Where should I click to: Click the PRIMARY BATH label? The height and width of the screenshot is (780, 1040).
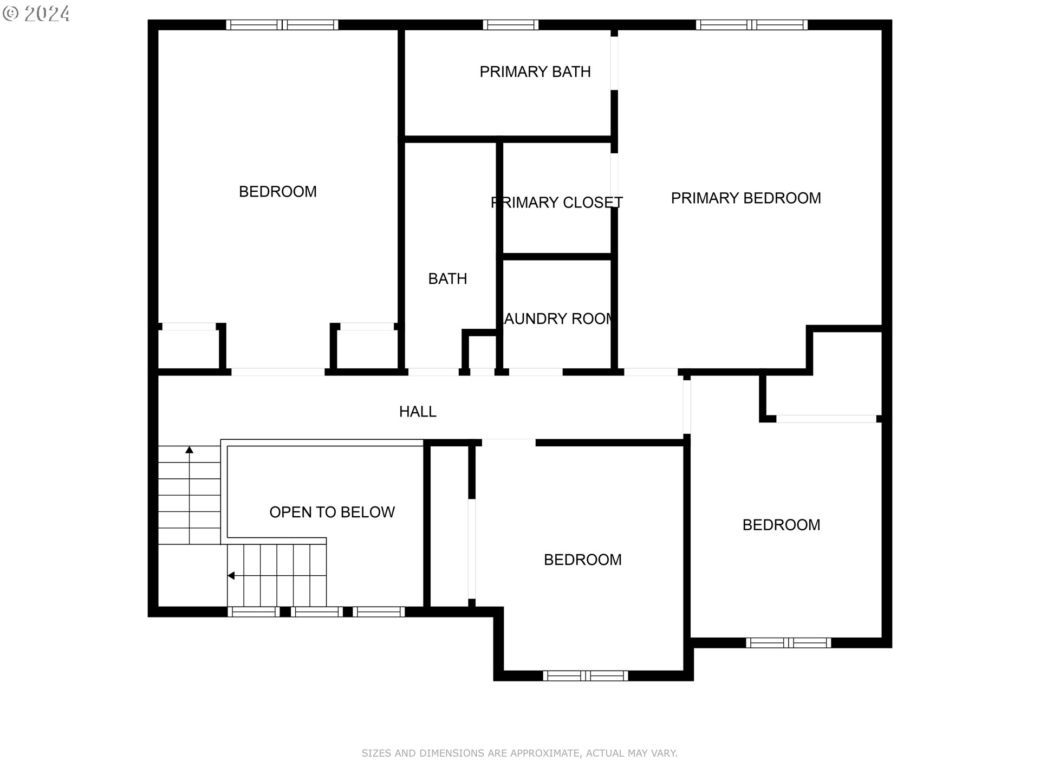coord(535,71)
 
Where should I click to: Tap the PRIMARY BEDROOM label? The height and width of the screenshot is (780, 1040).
coord(745,198)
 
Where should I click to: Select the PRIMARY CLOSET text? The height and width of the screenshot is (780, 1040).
coord(556,203)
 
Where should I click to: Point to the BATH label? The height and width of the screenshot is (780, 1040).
coord(447,278)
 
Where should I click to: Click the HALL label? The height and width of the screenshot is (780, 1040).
coord(418,412)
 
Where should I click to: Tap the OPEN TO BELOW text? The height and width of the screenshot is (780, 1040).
coord(331,512)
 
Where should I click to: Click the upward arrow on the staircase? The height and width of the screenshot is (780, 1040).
coord(190,450)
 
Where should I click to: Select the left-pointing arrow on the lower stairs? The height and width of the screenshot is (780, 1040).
coord(231,575)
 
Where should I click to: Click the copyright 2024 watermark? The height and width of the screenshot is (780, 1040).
coord(36,13)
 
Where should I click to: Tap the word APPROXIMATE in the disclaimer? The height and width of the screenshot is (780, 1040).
coord(544,753)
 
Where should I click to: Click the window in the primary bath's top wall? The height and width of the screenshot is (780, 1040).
coord(510,25)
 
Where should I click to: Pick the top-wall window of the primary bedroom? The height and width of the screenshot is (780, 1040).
coord(751,25)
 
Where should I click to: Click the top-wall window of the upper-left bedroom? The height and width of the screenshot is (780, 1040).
coord(282,25)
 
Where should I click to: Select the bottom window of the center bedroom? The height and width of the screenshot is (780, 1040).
coord(585,675)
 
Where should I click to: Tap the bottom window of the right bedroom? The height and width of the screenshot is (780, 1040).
coord(788,643)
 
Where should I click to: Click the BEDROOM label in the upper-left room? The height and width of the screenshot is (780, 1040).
coord(277,192)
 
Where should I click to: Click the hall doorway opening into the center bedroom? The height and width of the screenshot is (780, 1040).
coord(508,443)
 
